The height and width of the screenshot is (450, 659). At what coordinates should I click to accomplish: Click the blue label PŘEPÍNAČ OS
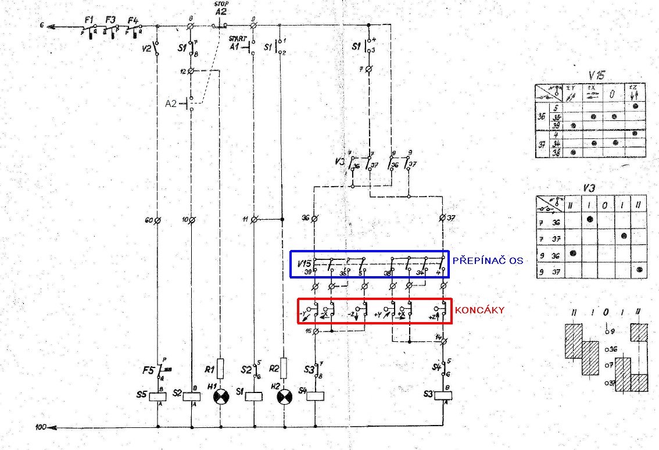pyautogui.click(x=488, y=260)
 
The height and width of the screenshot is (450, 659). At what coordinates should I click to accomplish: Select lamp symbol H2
pyautogui.click(x=284, y=397)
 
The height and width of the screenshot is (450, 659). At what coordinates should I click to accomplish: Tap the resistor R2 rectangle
pyautogui.click(x=284, y=368)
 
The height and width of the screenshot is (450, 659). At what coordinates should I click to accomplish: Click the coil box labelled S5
pyautogui.click(x=157, y=397)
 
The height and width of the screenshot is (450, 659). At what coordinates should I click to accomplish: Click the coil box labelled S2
pyautogui.click(x=191, y=397)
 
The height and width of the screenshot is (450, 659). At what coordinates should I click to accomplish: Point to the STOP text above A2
pyautogui.click(x=221, y=4)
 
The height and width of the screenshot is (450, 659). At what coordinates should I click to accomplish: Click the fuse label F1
pyautogui.click(x=89, y=20)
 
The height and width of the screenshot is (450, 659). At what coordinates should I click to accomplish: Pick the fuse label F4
pyautogui.click(x=132, y=20)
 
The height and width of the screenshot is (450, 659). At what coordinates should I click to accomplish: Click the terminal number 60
pyautogui.click(x=148, y=220)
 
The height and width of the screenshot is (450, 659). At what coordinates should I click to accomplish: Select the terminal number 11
pyautogui.click(x=246, y=219)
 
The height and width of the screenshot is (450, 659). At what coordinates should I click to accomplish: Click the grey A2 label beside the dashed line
pyautogui.click(x=170, y=103)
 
